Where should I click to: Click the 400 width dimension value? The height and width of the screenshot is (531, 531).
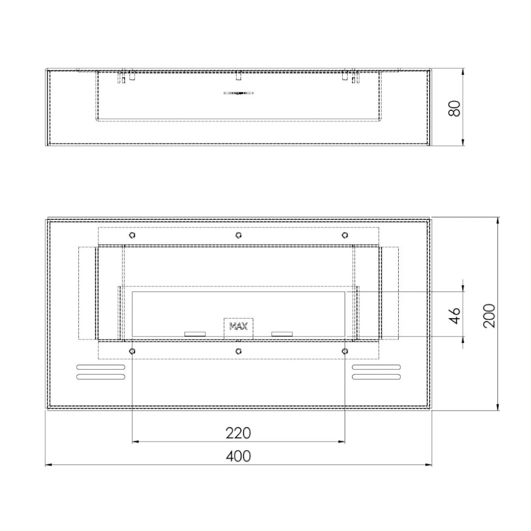point(239,456)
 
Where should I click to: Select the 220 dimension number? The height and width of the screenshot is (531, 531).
point(239,433)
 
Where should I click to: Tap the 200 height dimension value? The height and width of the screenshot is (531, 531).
point(490,315)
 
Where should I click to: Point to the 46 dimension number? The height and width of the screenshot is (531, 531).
point(455,315)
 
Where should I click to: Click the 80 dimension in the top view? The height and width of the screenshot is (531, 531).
point(455,108)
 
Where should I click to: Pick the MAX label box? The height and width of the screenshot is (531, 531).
point(239,327)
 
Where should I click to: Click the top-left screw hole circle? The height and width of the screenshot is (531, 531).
point(132,235)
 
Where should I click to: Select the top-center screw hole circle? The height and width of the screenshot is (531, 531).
point(239,235)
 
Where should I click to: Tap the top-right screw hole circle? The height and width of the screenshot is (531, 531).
point(345,235)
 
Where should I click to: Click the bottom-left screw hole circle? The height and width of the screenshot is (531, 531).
point(132,351)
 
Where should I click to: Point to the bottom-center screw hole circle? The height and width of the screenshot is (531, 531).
point(239,351)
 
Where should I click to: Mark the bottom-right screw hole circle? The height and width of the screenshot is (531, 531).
point(345,351)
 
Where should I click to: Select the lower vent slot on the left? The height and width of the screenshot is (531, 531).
point(101,377)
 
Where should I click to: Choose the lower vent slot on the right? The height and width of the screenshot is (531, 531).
point(376,377)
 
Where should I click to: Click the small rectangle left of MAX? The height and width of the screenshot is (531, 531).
point(195,334)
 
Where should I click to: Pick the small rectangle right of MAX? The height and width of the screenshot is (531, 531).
point(282,334)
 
